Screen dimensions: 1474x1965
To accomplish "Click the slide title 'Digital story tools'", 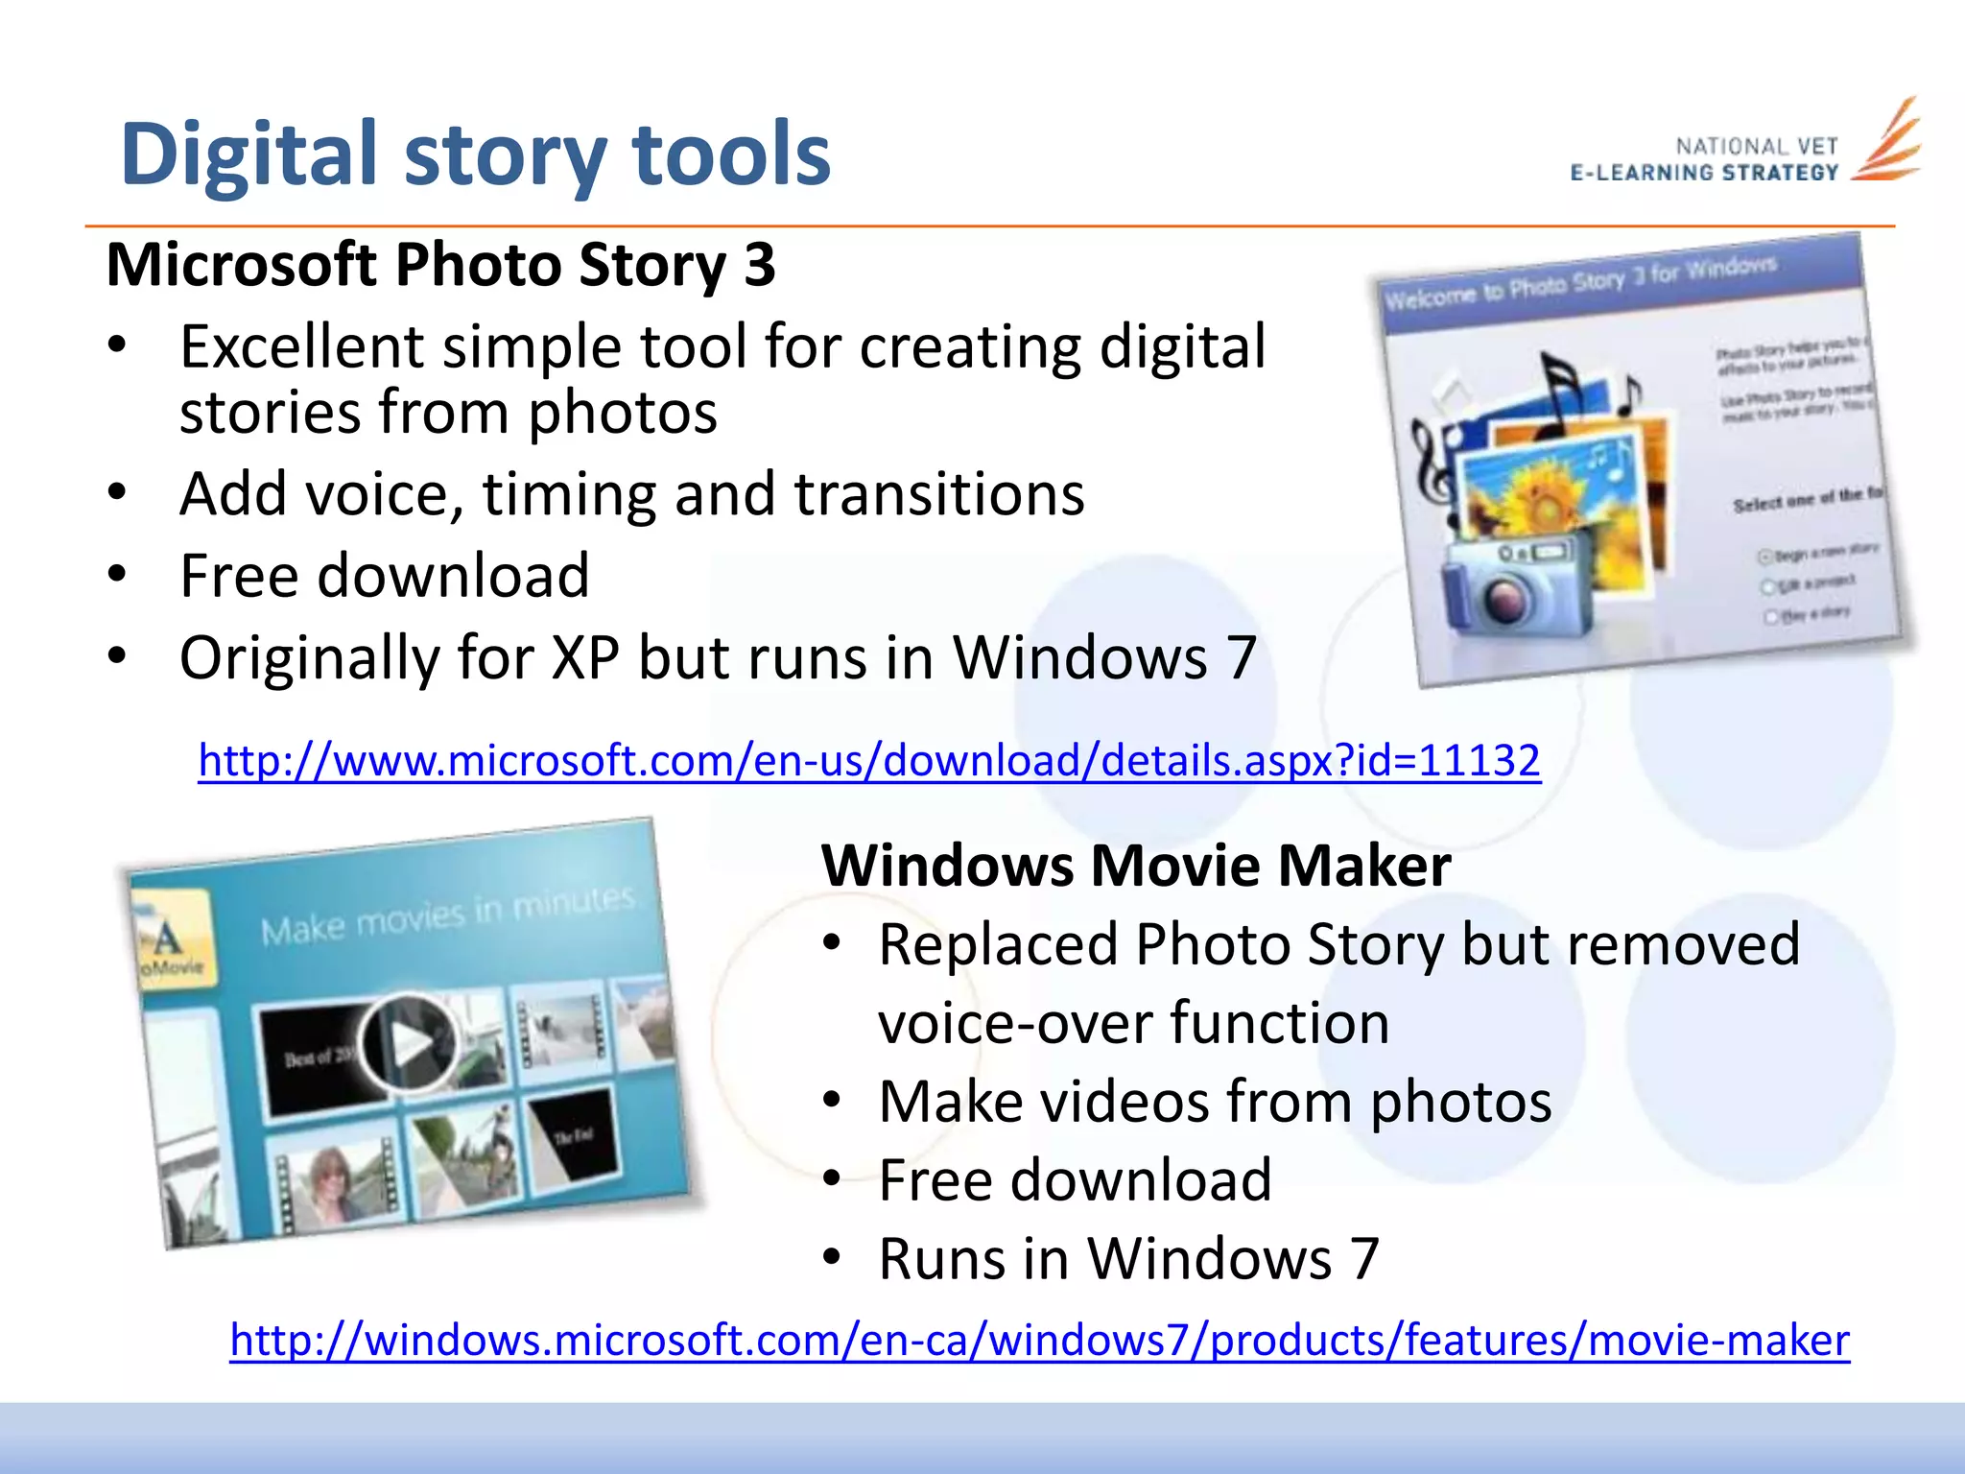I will click(475, 155).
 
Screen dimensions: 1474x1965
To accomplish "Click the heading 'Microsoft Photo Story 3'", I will click(440, 265).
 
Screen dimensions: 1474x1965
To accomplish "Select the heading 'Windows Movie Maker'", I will click(1135, 866).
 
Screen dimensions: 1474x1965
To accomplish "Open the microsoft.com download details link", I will click(868, 761).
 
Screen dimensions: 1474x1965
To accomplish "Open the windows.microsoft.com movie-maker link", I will click(1039, 1341).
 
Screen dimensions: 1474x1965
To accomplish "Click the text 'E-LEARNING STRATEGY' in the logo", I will click(1704, 174).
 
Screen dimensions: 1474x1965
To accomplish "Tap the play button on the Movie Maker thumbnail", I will click(408, 1042).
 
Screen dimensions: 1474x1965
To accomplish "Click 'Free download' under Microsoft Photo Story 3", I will click(384, 577).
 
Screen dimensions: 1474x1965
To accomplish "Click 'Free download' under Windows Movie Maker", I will click(1075, 1180).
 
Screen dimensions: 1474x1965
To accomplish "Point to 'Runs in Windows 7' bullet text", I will click(1128, 1259).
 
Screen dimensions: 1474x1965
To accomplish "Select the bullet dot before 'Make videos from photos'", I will click(832, 1102).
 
